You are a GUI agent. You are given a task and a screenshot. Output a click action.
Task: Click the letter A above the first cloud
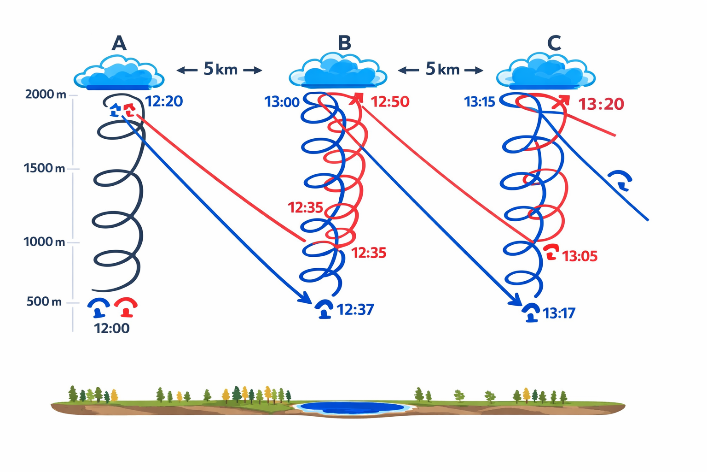coord(119,43)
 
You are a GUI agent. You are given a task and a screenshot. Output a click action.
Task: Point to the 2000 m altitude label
coord(46,94)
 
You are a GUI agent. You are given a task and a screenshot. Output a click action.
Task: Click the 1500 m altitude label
coord(44,168)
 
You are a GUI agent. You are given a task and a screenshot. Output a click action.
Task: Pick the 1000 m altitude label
coord(44,242)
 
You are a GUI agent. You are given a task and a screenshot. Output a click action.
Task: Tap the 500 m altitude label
coord(44,301)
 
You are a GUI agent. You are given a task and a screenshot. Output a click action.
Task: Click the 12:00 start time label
coord(112,329)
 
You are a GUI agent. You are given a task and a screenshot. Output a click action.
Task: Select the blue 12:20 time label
coord(164,101)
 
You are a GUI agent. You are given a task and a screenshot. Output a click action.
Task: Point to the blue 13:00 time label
coord(282,102)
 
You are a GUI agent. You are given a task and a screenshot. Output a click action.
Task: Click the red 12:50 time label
coord(390,102)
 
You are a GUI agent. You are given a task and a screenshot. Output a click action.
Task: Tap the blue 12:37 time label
coord(355,309)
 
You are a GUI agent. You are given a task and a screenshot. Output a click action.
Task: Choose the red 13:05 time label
coord(580,256)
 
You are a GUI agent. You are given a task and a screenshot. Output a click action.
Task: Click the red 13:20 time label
coord(601,104)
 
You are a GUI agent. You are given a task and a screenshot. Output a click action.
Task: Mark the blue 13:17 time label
coord(559,313)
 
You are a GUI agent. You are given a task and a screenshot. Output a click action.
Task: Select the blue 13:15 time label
coord(479,102)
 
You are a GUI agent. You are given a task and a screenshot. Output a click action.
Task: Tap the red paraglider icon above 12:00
coord(126,307)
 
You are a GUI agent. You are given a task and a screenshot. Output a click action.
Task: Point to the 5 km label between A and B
coord(220,70)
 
